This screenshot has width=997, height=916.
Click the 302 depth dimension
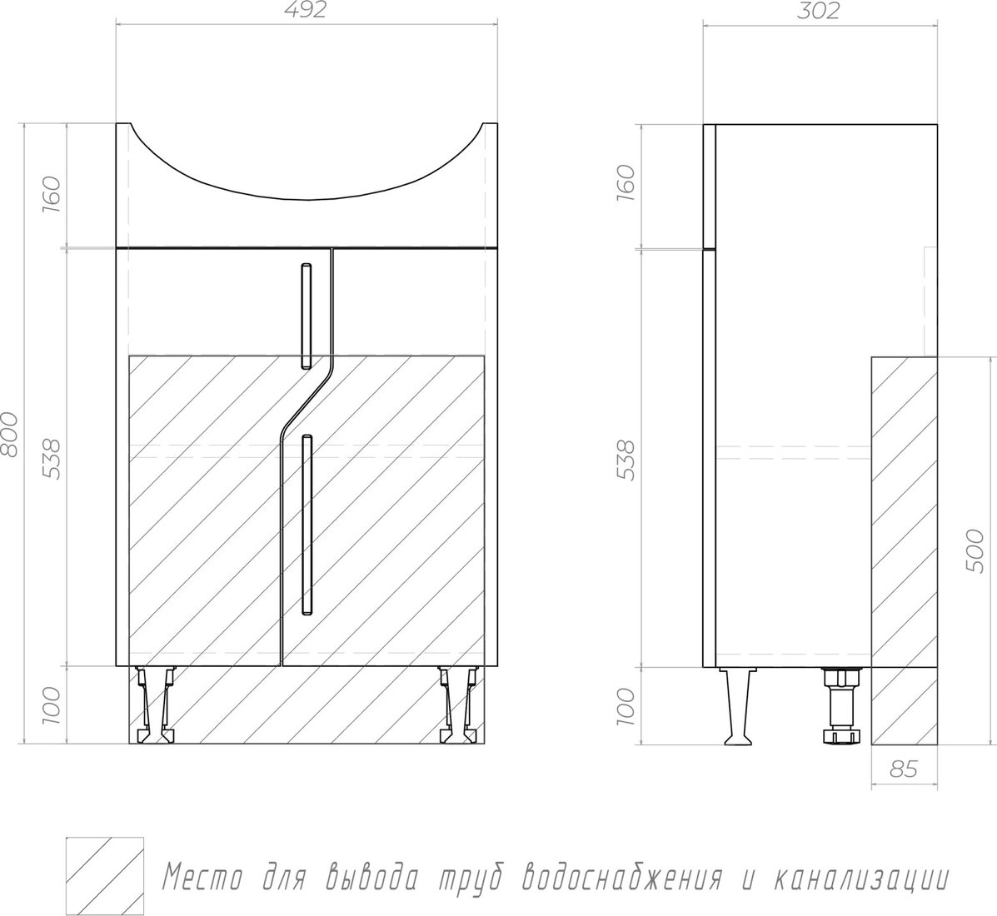(818, 10)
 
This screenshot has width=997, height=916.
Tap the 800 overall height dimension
(9, 434)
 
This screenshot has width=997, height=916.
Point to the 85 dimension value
(903, 769)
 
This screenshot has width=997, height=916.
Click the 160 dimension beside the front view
(52, 195)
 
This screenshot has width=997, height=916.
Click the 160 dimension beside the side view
(626, 184)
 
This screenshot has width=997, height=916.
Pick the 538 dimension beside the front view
(52, 459)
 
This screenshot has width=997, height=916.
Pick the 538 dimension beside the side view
(626, 459)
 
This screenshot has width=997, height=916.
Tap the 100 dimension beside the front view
(52, 705)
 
